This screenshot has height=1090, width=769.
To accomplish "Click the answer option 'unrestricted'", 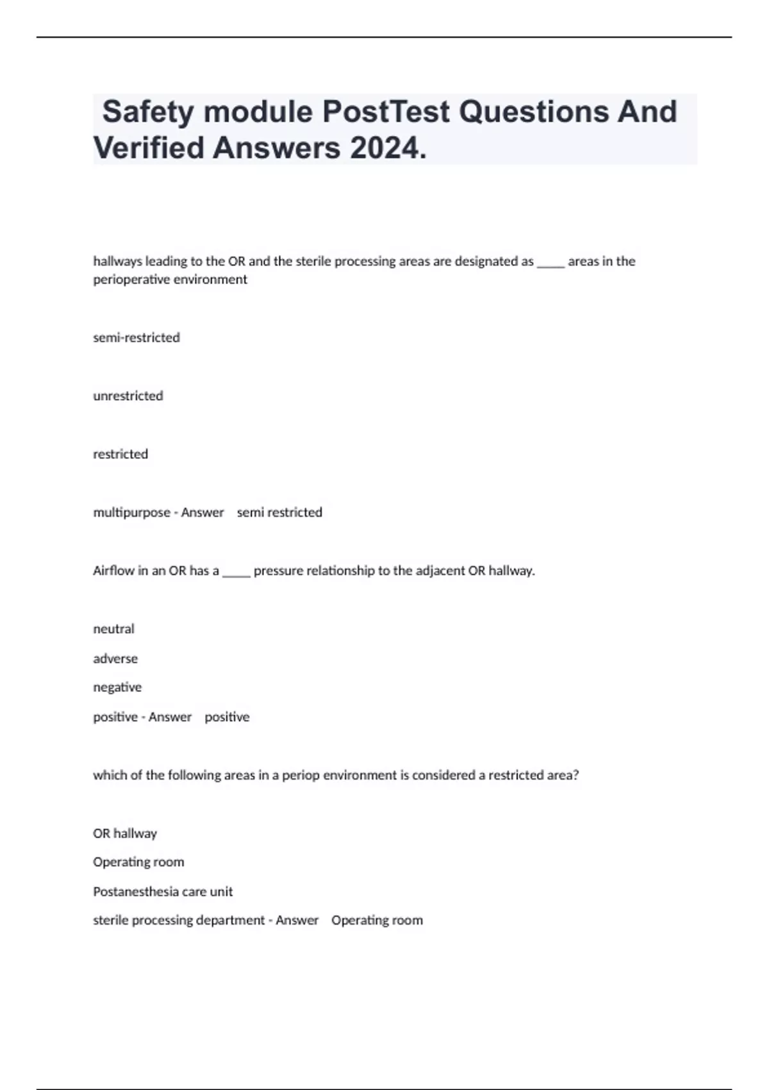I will pos(128,396).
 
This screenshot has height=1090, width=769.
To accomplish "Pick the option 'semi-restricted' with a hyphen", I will pos(136,337).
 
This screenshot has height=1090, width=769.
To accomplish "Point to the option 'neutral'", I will pos(114,629).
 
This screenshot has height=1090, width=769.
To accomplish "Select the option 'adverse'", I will pos(115,658).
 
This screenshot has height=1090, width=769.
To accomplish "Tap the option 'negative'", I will pos(117,687).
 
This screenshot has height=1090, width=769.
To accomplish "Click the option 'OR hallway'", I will pos(125,834).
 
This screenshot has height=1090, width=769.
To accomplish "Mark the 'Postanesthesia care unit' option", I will pos(163,891).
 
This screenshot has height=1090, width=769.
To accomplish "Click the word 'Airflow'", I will pos(113,571).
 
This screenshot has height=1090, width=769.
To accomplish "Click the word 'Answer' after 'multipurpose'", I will pos(203,512).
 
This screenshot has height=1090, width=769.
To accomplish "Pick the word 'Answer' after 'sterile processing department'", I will pos(297,920).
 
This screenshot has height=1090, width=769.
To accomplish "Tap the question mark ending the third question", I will pos(575,775).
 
